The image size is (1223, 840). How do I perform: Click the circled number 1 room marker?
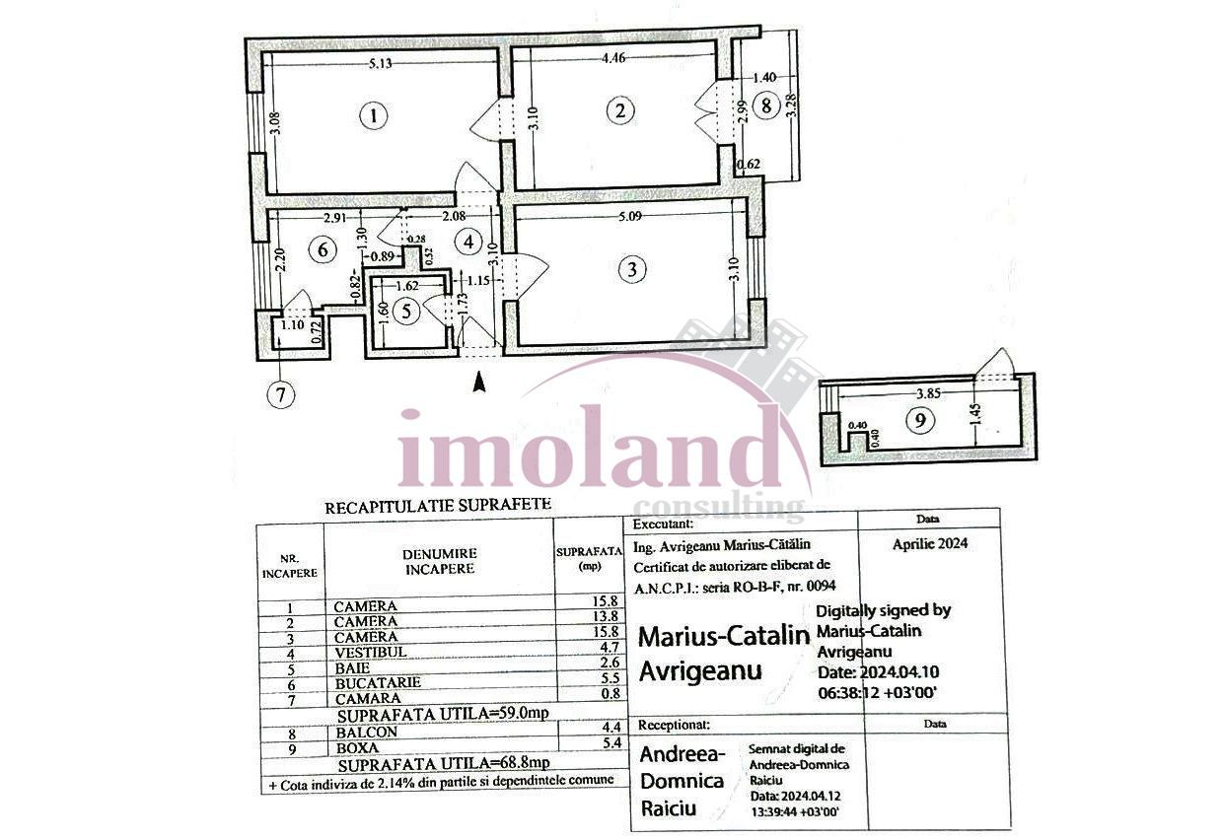(x=373, y=116)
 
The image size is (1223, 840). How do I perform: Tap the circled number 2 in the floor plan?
(x=619, y=110)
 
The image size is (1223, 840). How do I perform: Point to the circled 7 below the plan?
(x=281, y=395)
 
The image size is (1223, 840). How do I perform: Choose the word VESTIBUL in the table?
(x=368, y=652)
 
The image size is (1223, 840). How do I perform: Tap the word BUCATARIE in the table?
(x=378, y=682)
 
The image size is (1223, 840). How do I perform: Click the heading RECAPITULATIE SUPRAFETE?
(x=438, y=508)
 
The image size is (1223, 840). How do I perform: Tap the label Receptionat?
(x=676, y=725)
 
